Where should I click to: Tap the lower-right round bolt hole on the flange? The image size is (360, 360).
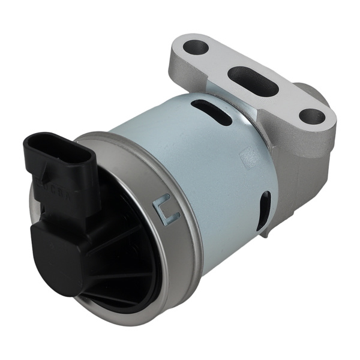[x=311, y=116]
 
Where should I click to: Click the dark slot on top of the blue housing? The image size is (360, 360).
[x=212, y=112]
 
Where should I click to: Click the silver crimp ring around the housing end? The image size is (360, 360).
[x=180, y=240]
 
